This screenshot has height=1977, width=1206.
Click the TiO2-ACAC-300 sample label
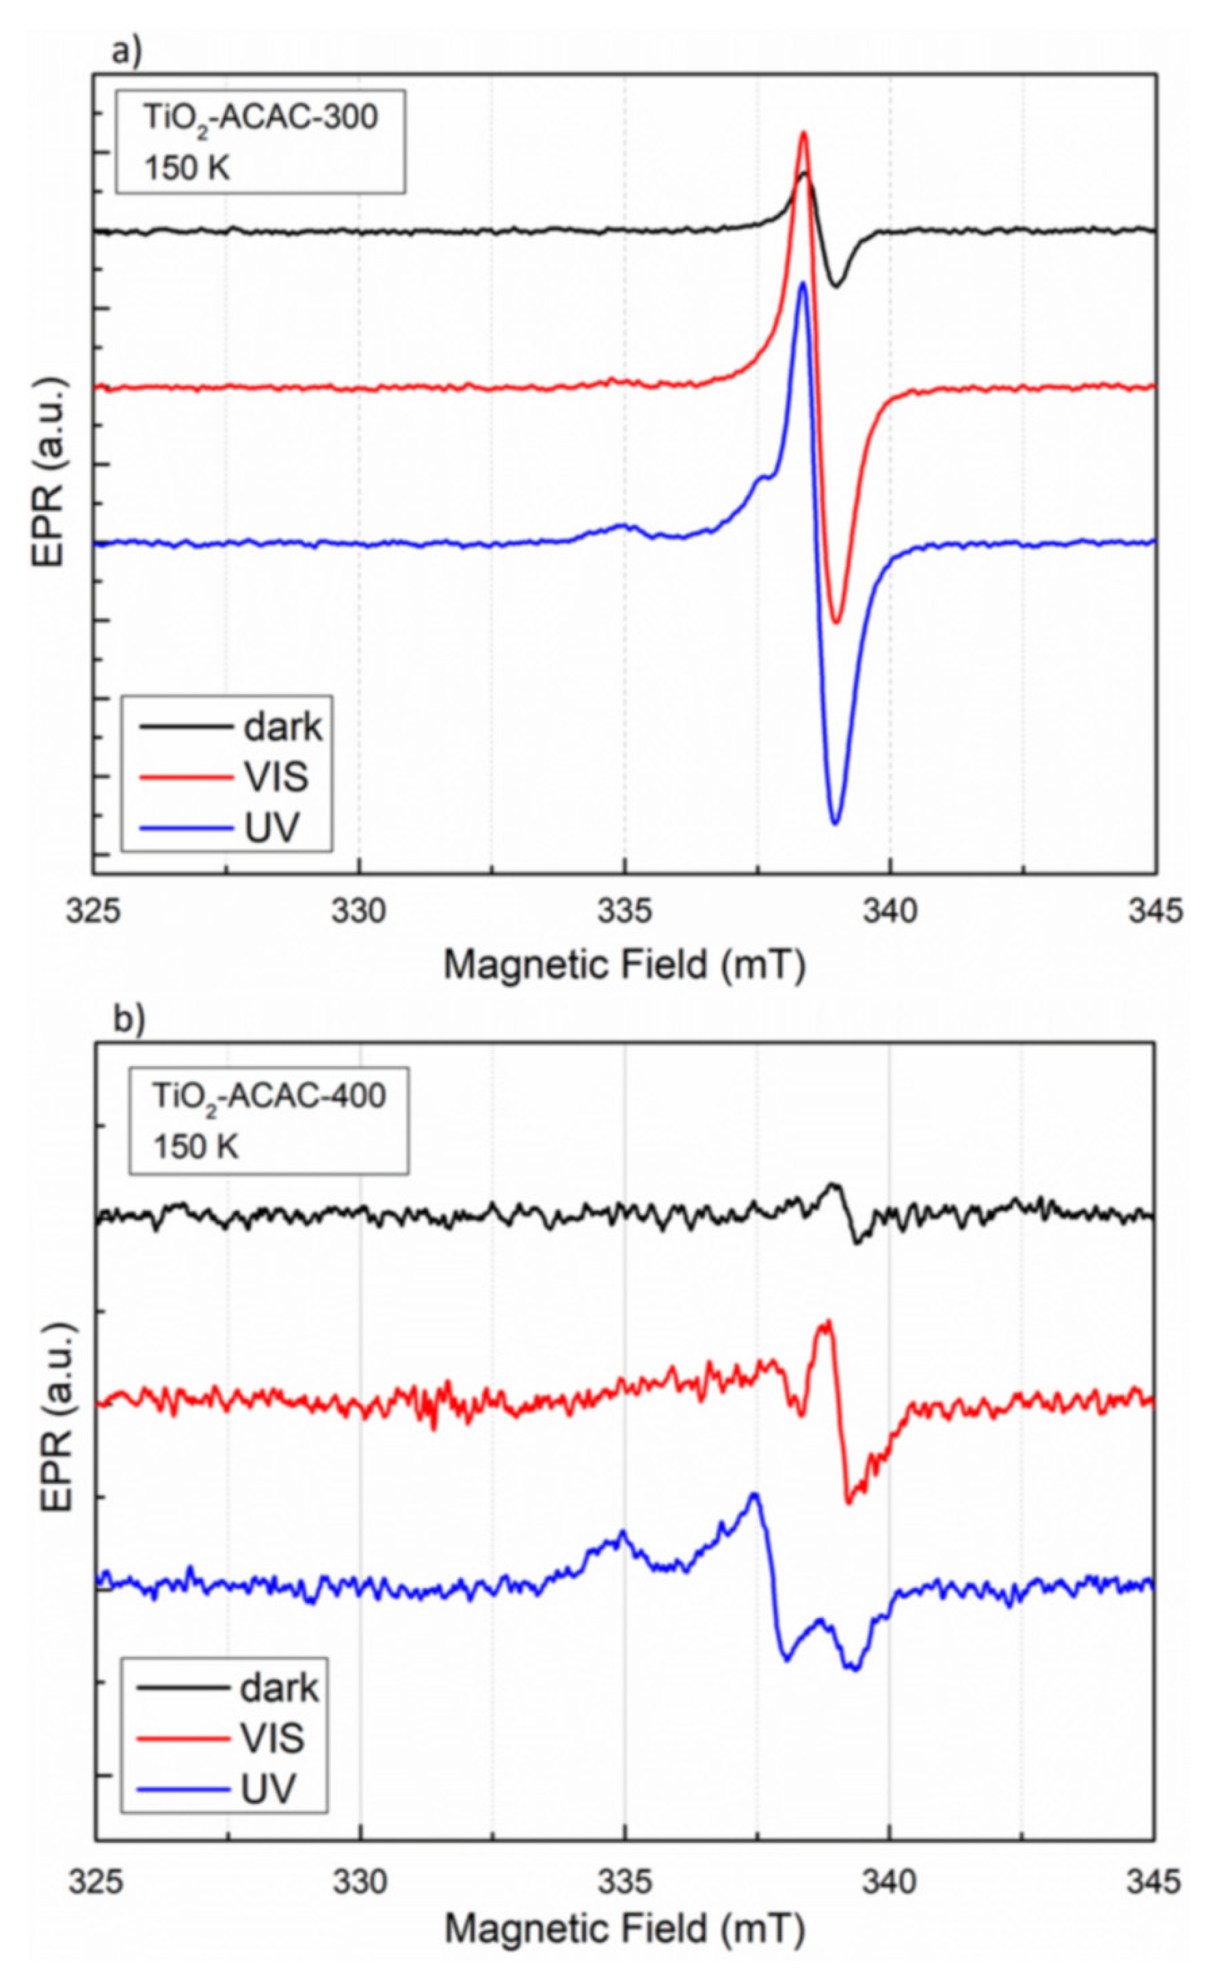pos(260,118)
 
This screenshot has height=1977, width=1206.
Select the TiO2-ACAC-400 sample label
pos(269,1095)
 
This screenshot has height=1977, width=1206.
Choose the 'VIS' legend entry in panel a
pos(275,777)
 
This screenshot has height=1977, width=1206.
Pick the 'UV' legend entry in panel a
pos(270,827)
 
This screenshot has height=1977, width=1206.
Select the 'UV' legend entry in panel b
pos(267,1789)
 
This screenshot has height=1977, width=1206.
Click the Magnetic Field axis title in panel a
pos(624,965)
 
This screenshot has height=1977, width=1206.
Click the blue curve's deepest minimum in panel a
pos(835,823)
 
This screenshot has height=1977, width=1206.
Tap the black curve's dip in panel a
pos(836,285)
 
